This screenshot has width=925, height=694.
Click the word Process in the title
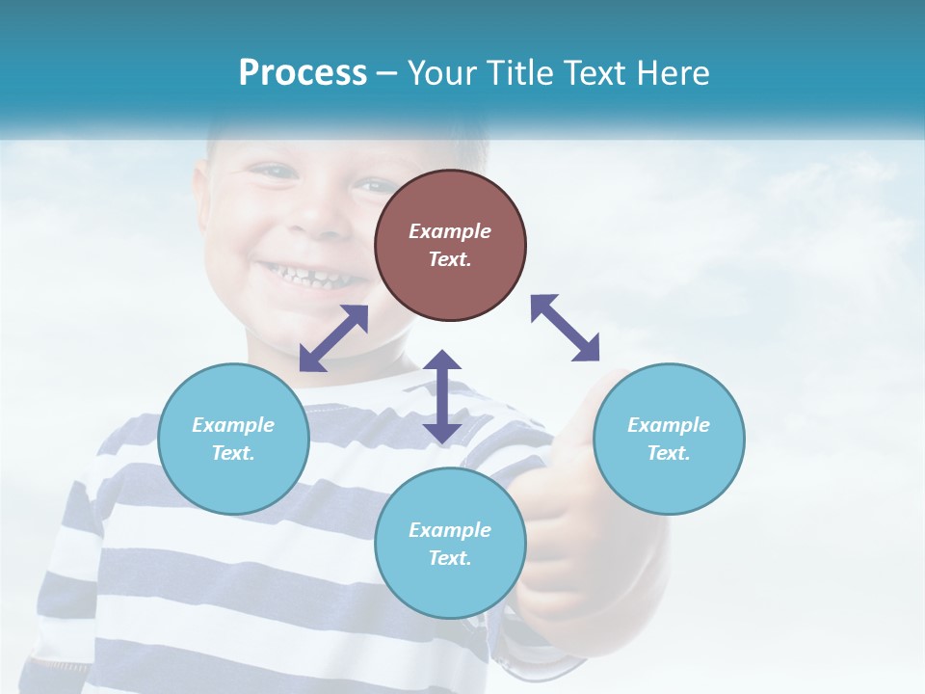click(x=303, y=73)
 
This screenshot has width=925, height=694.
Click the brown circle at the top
click(x=450, y=245)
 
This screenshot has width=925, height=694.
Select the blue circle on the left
click(x=233, y=439)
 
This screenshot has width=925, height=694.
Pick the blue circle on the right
click(x=669, y=439)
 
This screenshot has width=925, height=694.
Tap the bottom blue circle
click(x=450, y=543)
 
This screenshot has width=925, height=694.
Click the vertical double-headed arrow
click(x=442, y=397)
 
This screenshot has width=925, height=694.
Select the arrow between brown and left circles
click(x=333, y=338)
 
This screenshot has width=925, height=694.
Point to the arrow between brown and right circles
click(x=566, y=328)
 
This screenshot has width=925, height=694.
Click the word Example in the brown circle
click(x=450, y=231)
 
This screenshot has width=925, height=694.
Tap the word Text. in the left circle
click(x=233, y=453)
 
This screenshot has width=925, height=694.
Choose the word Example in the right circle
click(x=669, y=425)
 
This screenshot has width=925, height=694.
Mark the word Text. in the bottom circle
click(x=450, y=558)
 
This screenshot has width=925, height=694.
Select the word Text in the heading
click(x=595, y=73)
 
